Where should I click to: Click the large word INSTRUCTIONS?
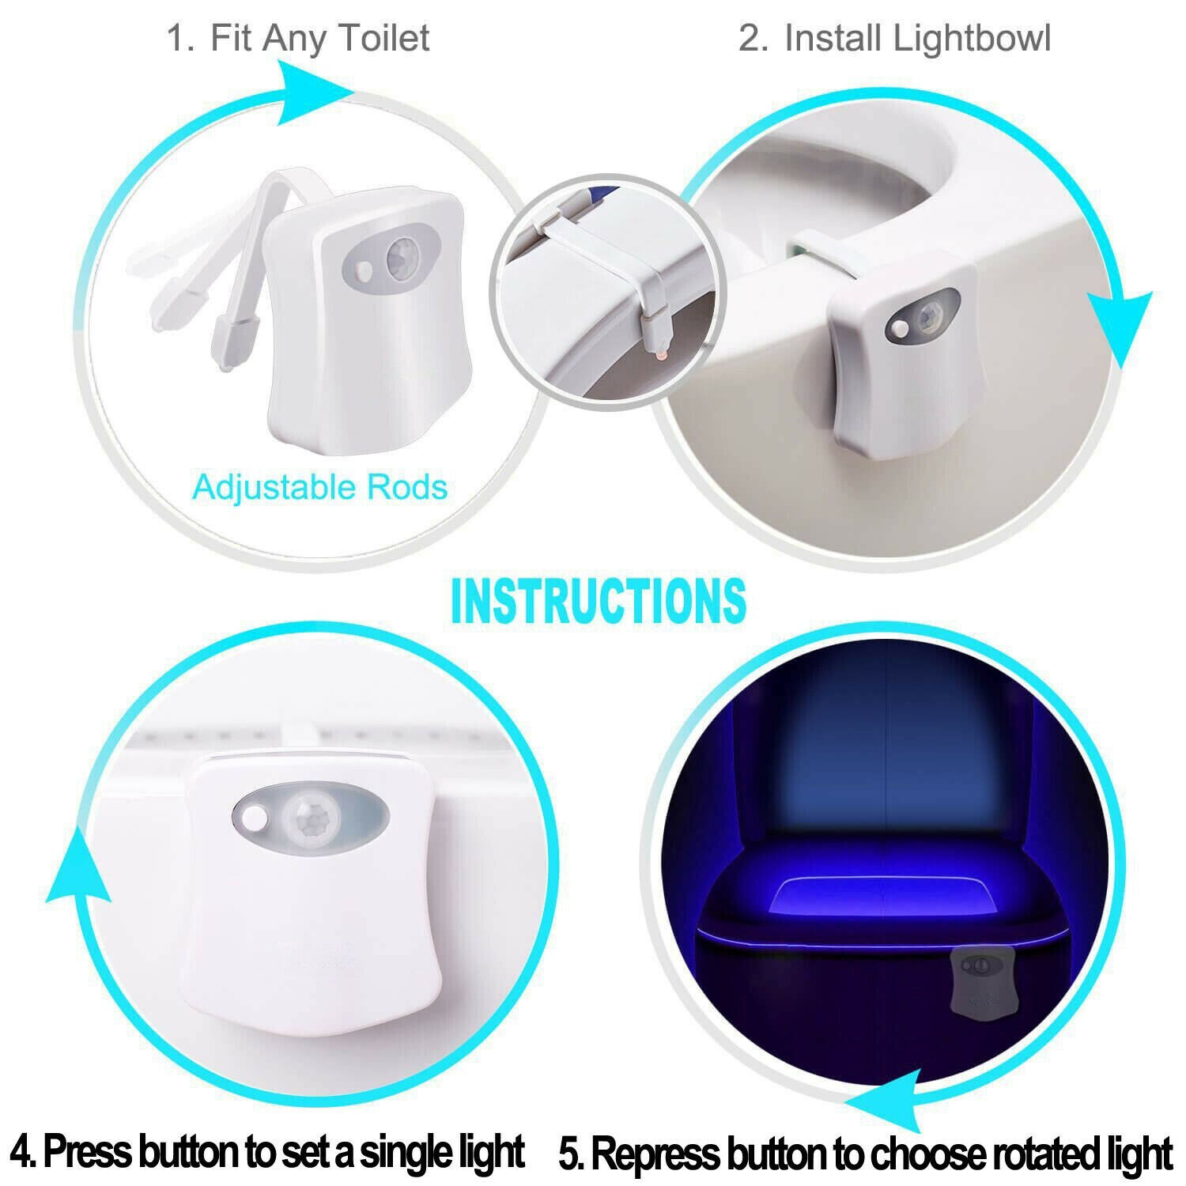598,600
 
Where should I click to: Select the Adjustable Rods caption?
319,487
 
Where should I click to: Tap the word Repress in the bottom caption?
655,1154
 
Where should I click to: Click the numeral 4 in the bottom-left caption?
24,1151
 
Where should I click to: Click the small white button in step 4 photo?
255,817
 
